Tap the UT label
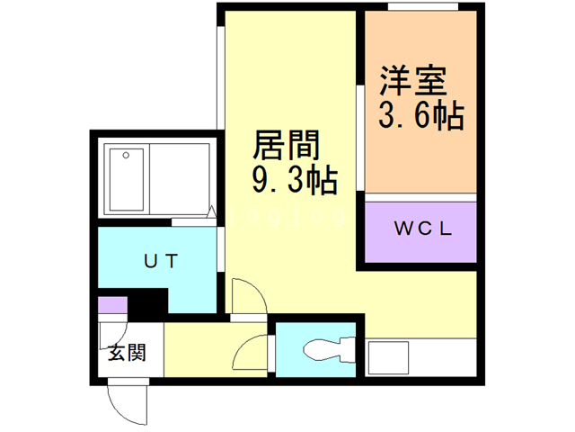(161, 261)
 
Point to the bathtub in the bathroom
(126, 180)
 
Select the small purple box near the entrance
(112, 304)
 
